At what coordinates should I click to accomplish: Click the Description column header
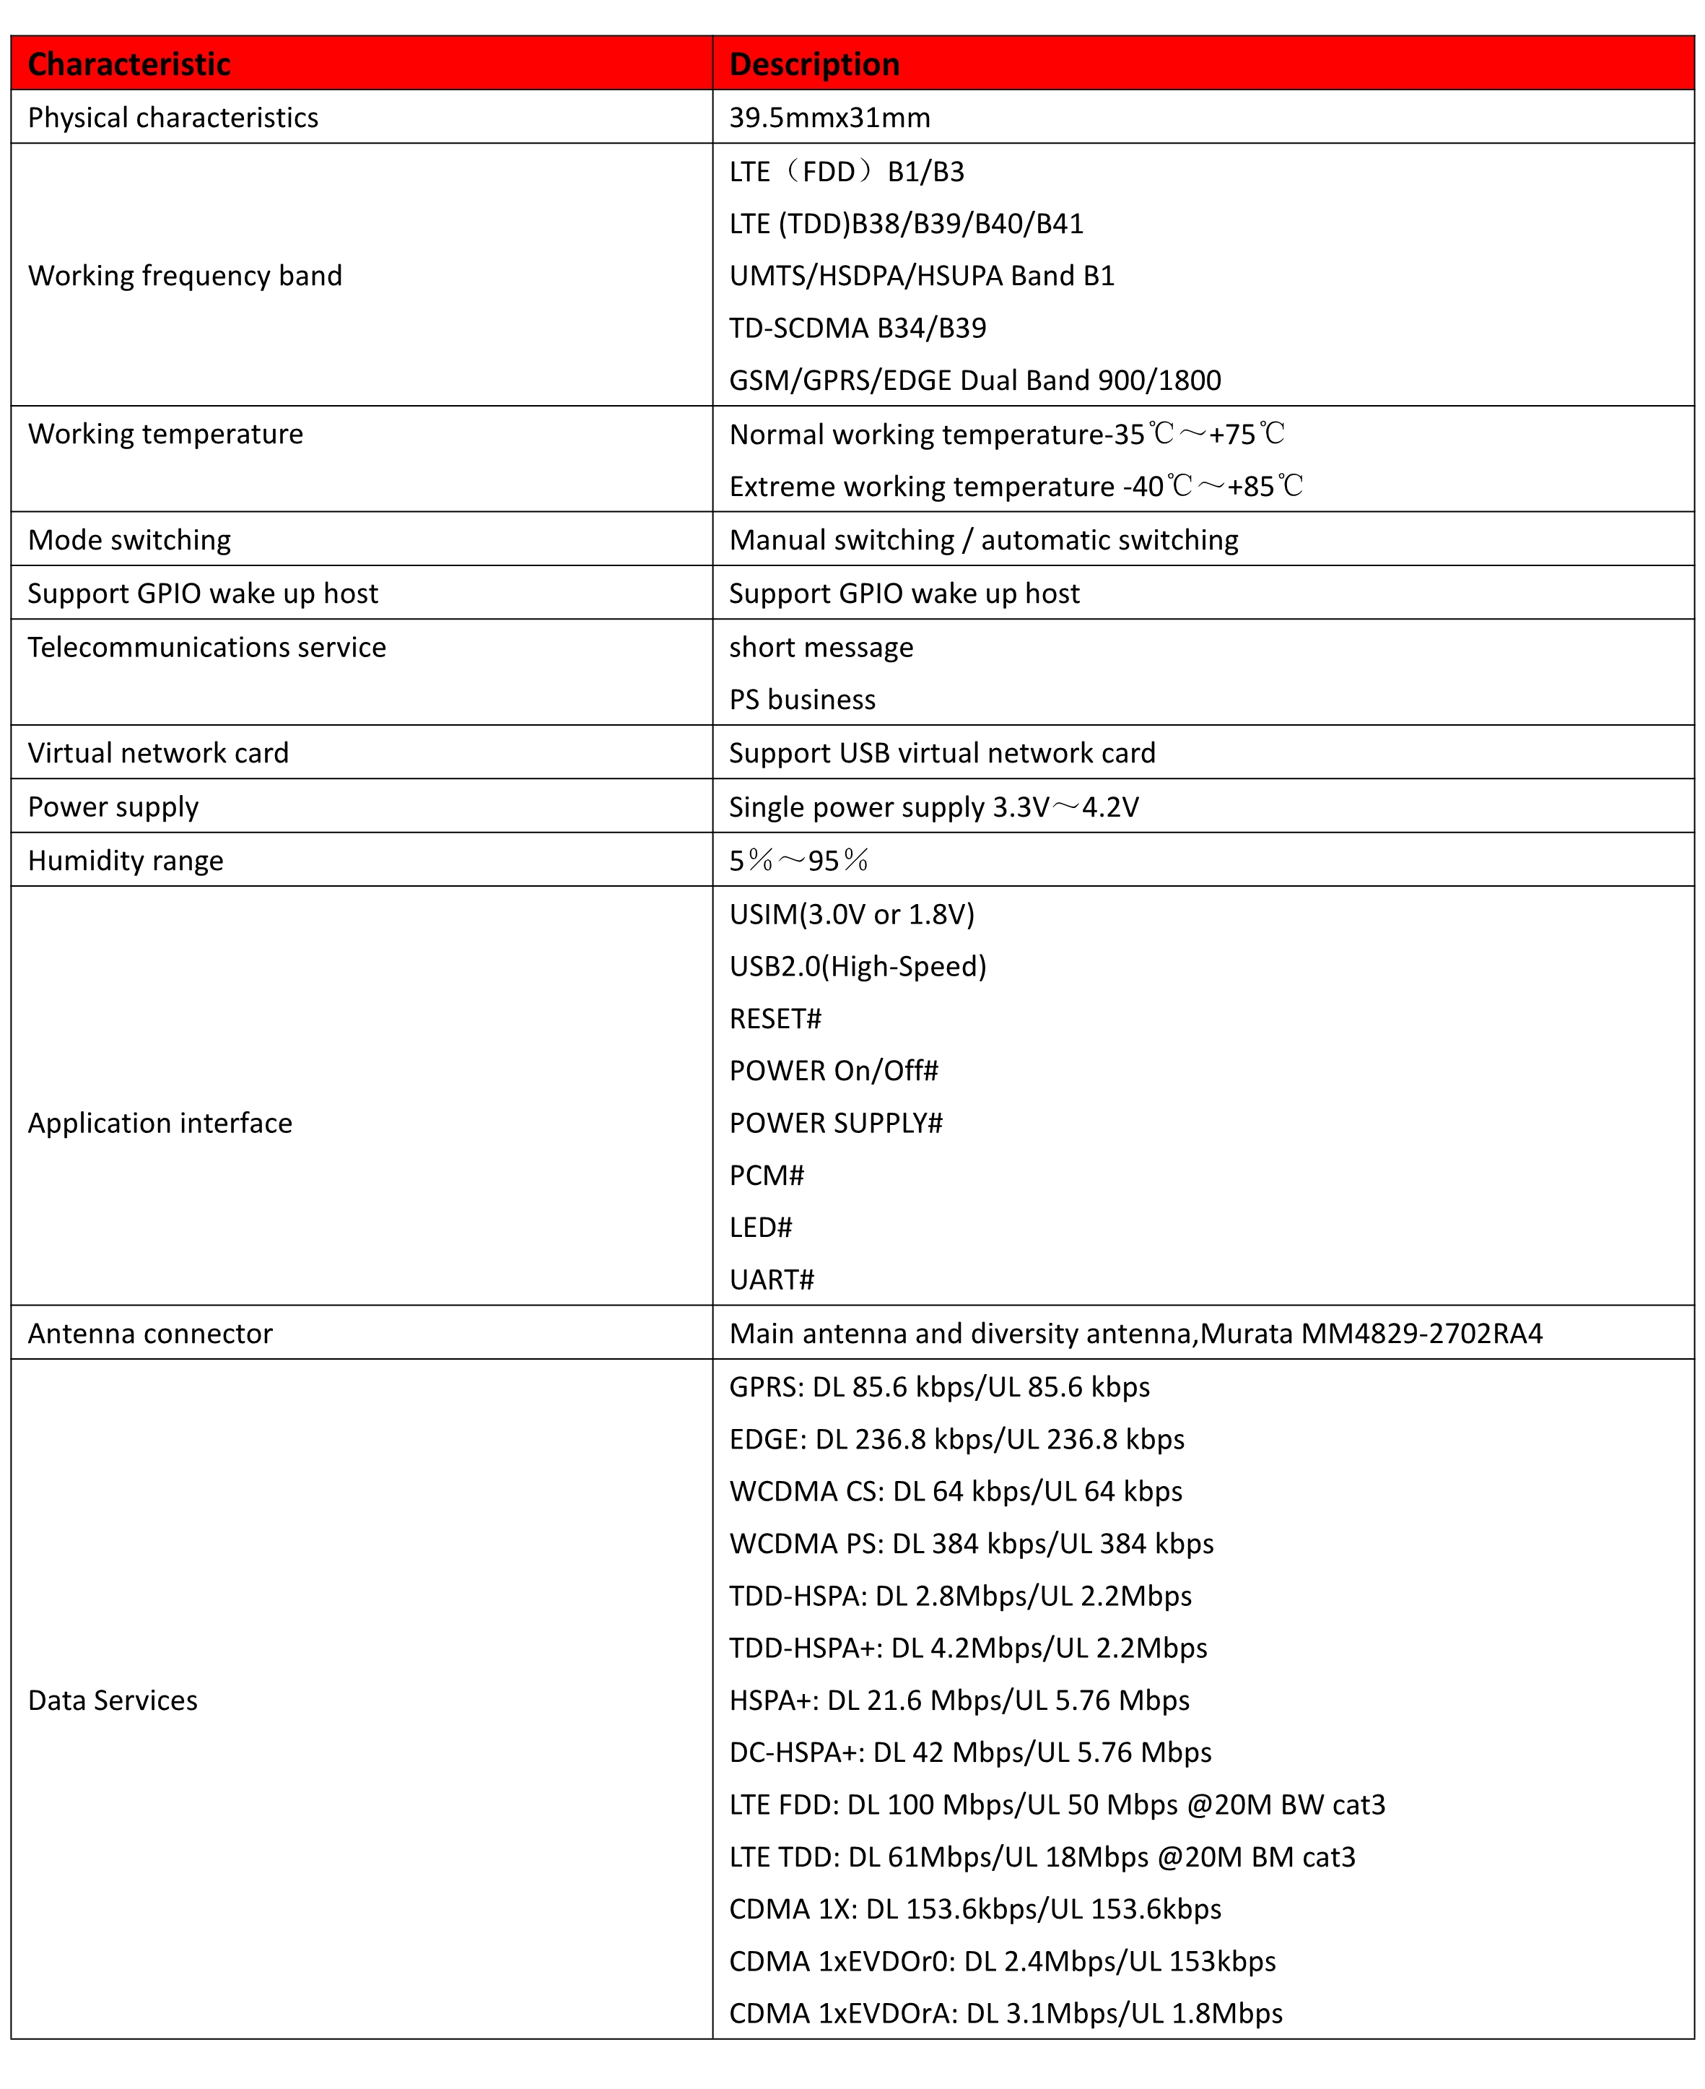(x=814, y=64)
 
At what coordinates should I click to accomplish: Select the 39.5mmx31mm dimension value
(x=829, y=118)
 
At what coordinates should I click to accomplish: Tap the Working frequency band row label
(x=185, y=275)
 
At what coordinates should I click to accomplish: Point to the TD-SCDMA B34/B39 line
(x=858, y=328)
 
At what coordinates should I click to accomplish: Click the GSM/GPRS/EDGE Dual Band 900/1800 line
(x=974, y=381)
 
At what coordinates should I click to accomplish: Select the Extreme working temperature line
(x=1016, y=487)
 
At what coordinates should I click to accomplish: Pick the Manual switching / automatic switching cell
(x=983, y=539)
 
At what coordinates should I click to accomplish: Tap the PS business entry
(x=801, y=700)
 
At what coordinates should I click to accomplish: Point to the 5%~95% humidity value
(x=798, y=861)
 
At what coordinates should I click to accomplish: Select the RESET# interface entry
(x=775, y=1019)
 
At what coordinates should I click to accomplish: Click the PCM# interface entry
(x=766, y=1175)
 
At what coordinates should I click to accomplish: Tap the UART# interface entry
(x=772, y=1280)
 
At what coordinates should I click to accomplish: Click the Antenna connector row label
(x=150, y=1334)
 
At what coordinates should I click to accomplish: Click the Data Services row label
(x=113, y=1700)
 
